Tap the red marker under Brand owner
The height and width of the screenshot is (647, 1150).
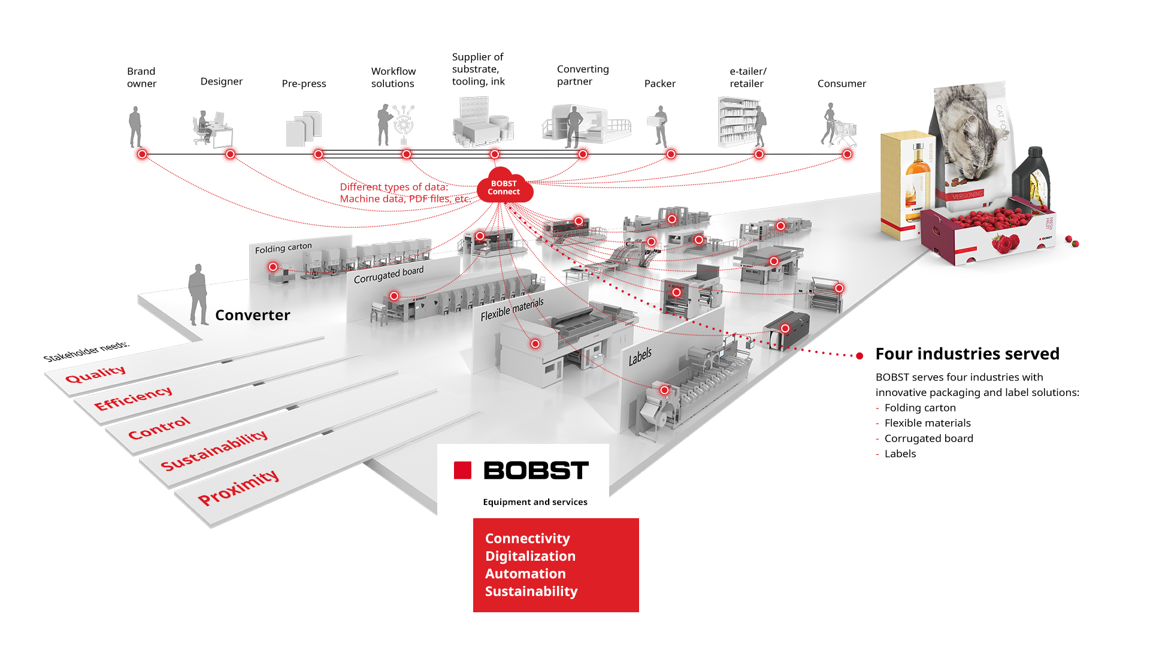(x=142, y=154)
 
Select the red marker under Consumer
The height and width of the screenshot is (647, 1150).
(x=847, y=154)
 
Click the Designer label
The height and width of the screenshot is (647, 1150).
(x=221, y=81)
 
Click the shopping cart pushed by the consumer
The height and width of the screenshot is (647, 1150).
(x=845, y=133)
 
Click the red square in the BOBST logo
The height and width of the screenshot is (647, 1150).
(x=462, y=470)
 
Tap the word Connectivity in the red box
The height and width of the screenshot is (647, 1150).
(x=527, y=538)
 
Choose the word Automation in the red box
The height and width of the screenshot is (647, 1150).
(x=525, y=573)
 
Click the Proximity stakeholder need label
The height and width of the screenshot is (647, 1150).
(x=238, y=487)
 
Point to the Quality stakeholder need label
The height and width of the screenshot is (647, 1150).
(x=96, y=374)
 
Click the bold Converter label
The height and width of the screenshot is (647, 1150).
(x=252, y=315)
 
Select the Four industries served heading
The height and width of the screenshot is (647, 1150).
(x=967, y=353)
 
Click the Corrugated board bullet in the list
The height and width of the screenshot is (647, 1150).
(x=928, y=438)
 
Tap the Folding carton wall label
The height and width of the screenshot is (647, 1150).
(x=283, y=248)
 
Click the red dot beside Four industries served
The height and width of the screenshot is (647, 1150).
(x=860, y=356)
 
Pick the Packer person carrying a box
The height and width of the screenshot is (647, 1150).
(x=660, y=126)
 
